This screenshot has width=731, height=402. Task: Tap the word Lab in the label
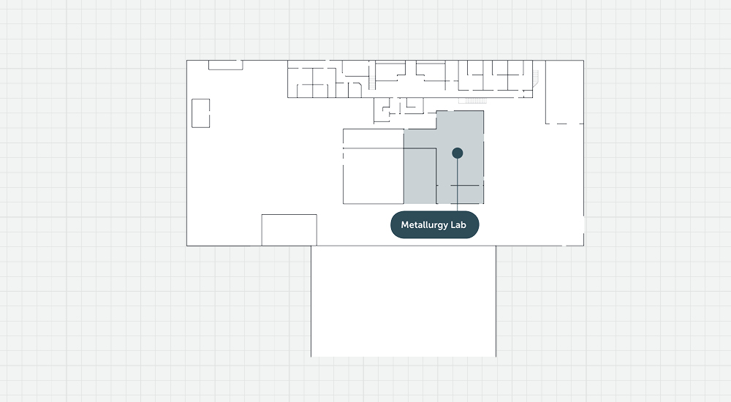(x=458, y=225)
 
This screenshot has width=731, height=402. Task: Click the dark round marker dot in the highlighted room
(x=458, y=153)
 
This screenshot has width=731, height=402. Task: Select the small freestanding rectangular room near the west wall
(x=201, y=113)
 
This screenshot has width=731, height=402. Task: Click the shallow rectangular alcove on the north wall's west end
(x=226, y=65)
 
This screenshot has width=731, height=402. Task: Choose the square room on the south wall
(x=289, y=230)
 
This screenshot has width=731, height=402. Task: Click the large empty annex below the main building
(x=404, y=301)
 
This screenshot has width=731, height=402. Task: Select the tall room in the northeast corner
(x=564, y=92)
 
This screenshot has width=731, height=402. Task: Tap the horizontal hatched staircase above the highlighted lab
(x=473, y=101)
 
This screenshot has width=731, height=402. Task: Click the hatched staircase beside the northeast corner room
(x=536, y=78)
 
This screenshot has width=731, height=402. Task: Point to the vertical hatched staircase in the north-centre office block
(x=371, y=83)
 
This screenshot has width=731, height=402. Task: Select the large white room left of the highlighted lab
(x=374, y=176)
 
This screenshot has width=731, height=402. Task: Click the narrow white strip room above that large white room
(x=374, y=139)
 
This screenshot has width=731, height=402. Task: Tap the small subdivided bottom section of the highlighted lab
(x=460, y=194)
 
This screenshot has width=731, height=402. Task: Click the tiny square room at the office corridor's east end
(x=528, y=94)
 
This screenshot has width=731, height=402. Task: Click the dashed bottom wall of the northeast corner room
(x=564, y=124)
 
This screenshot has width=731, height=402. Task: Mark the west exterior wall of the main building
(x=187, y=153)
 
